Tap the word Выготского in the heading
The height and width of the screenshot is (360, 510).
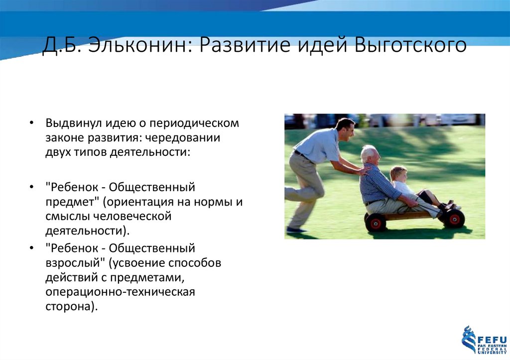410,46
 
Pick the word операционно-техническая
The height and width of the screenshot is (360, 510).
120,291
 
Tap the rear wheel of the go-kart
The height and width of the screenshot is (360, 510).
376,222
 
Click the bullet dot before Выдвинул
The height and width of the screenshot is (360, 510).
32,123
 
